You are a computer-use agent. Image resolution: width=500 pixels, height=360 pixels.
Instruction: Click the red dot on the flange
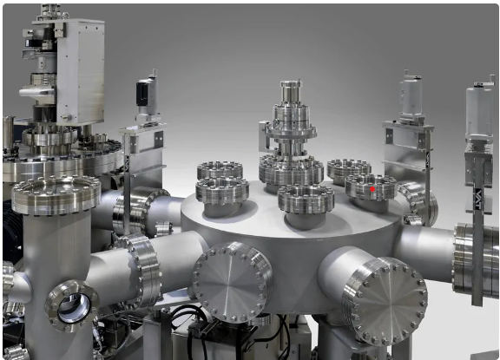(372, 187)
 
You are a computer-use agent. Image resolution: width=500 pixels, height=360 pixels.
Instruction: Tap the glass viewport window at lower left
(72, 306)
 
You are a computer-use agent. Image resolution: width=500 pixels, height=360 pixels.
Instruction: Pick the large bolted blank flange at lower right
(384, 300)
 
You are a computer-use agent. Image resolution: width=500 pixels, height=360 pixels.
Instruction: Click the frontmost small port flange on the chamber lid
(305, 202)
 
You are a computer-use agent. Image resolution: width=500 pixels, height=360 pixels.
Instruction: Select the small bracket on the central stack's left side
(264, 134)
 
